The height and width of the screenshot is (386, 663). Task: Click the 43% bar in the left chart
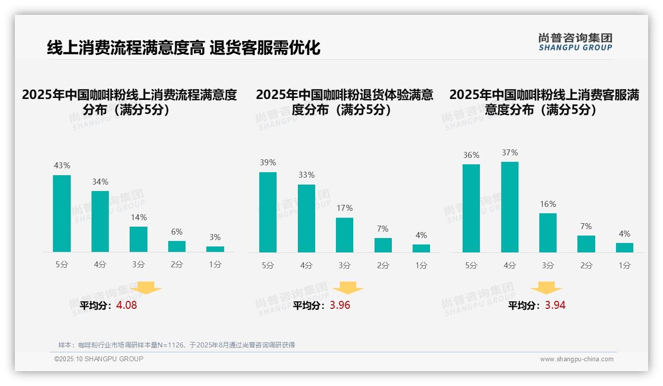point(62,213)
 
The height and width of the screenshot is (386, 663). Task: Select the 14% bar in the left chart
point(139,239)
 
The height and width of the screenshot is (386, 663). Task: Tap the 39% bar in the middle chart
point(268,212)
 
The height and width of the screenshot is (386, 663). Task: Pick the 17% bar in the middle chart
point(344,235)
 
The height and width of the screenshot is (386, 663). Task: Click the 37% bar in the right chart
point(510,207)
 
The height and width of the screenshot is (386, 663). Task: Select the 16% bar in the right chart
point(548,233)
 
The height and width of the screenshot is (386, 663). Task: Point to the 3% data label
point(215,238)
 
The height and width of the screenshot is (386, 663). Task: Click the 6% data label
point(177,232)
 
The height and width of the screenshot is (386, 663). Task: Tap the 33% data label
point(306,175)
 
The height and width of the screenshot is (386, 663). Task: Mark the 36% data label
point(471,155)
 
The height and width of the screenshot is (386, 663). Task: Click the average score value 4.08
point(127,305)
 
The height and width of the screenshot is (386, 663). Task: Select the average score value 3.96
point(340,305)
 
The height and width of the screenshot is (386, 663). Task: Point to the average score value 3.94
point(555,305)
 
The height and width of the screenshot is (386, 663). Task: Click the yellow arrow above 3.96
point(348,288)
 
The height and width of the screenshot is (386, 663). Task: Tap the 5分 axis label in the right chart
point(471,266)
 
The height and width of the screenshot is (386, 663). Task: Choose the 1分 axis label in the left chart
point(215,265)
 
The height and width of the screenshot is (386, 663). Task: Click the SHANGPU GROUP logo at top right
point(575,42)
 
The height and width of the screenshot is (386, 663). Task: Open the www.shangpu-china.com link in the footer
point(576,359)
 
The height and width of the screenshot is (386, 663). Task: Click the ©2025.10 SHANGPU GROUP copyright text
point(99,359)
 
